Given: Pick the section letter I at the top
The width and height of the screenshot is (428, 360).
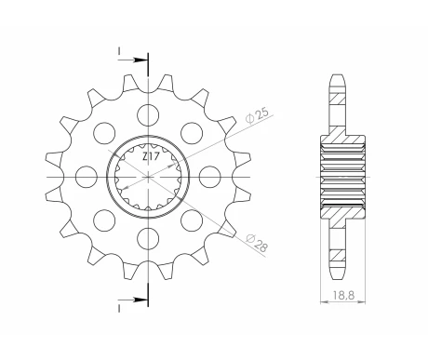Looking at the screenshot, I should point(121,52).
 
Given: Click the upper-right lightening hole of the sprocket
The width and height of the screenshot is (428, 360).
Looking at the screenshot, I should point(191,132).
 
